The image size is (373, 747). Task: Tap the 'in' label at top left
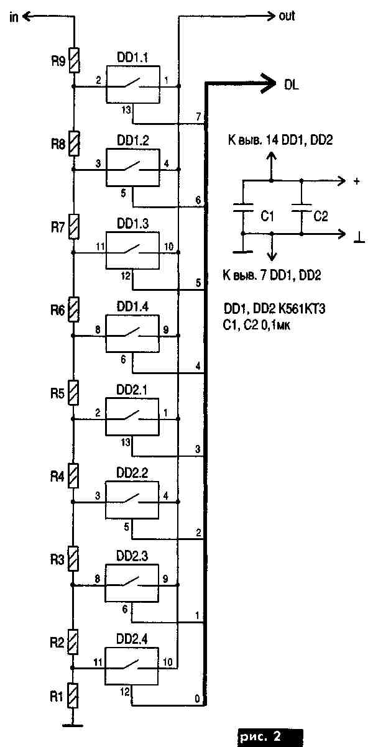14,17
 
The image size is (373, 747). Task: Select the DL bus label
291,86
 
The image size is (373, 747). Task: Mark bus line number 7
198,117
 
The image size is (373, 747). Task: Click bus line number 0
198,700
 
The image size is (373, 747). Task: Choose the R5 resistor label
57,393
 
